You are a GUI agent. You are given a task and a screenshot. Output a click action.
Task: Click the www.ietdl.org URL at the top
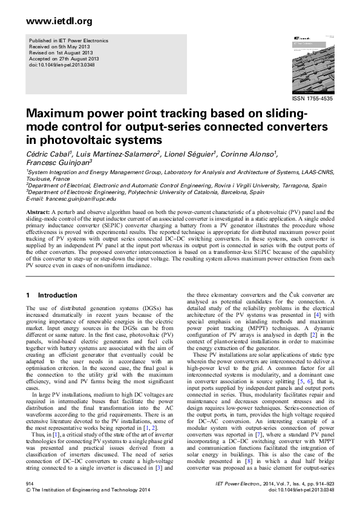click(x=51, y=21)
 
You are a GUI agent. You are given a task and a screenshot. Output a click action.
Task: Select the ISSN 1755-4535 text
click(x=313, y=97)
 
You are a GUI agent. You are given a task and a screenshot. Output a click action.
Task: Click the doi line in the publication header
click(x=59, y=65)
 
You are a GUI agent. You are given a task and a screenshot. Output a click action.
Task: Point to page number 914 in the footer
click(x=28, y=484)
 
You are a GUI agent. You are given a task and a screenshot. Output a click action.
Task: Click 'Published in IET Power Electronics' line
click(x=70, y=41)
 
